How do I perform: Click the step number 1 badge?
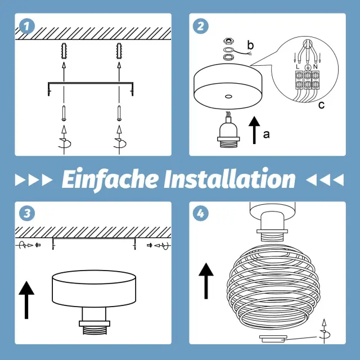click(x=27, y=26)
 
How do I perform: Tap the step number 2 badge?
click(x=201, y=26)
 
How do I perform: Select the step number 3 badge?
click(x=27, y=213)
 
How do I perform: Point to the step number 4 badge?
click(x=201, y=213)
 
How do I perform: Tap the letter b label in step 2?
click(x=250, y=45)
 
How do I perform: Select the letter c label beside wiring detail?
click(x=321, y=105)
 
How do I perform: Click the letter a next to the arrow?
click(x=266, y=134)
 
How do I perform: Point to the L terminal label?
click(x=298, y=67)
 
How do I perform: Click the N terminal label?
click(x=315, y=67)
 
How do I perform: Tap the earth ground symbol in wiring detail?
click(x=308, y=67)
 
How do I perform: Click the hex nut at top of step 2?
click(x=228, y=42)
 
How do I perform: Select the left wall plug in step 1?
click(x=64, y=51)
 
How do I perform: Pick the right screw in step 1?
click(x=119, y=113)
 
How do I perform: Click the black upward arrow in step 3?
click(x=26, y=300)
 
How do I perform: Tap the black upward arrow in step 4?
click(x=206, y=281)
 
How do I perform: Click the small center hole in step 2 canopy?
click(x=228, y=96)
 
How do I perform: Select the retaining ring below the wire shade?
click(x=273, y=339)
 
